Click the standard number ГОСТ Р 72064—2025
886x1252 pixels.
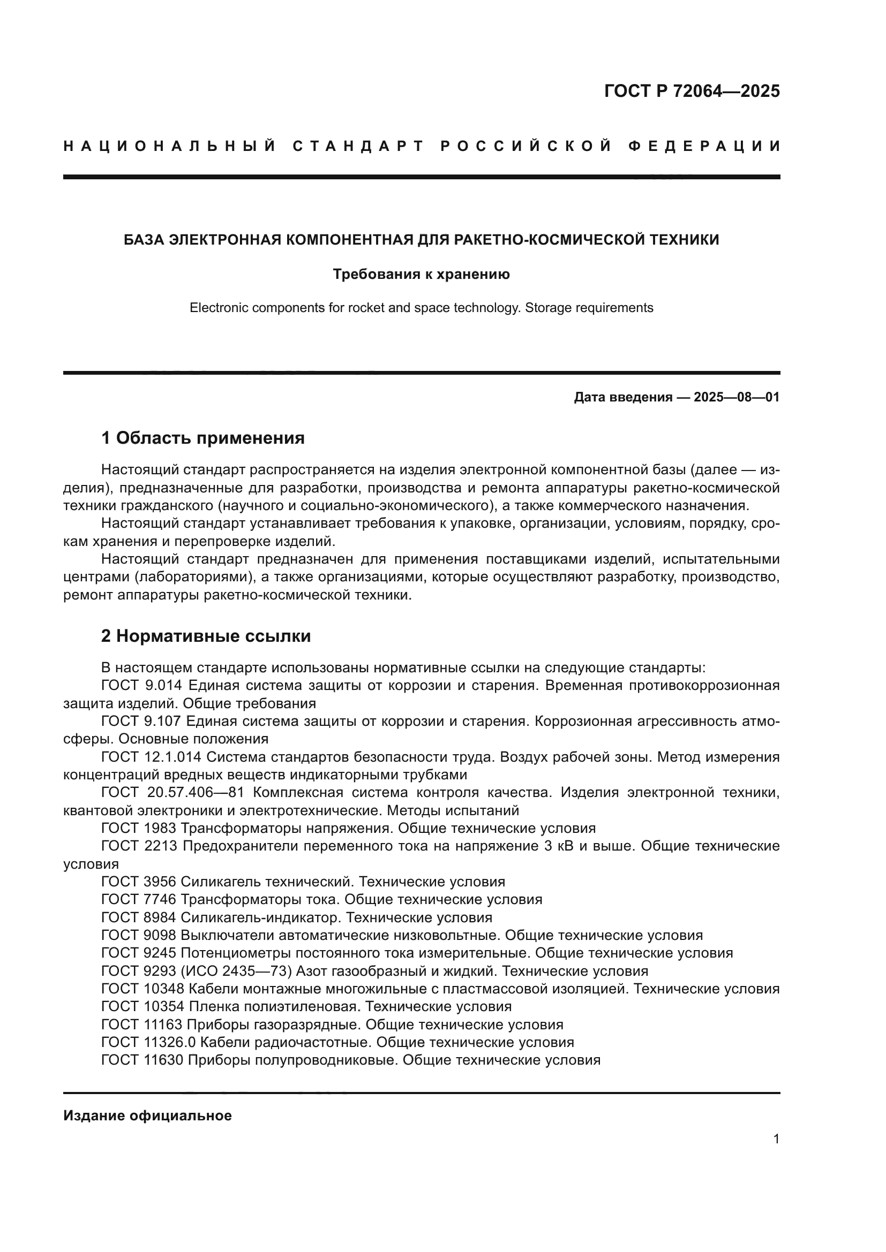(692, 91)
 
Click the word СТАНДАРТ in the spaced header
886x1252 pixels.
(358, 146)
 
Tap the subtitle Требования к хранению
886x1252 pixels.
(421, 274)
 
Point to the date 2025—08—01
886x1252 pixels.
(737, 397)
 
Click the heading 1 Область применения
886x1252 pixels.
(202, 437)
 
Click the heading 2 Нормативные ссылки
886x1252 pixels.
(206, 636)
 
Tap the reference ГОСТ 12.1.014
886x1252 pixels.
(151, 757)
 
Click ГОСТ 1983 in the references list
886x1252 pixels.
(139, 828)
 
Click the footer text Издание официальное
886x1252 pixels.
(147, 1116)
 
